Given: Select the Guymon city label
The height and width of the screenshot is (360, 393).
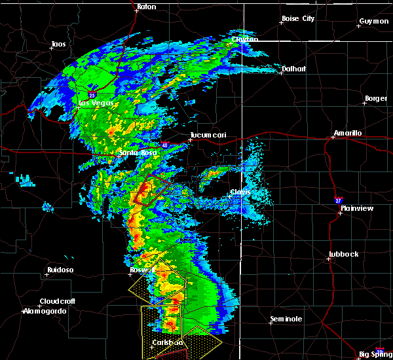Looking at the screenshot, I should [373, 21].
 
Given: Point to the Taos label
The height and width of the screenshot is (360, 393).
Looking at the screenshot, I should [58, 45].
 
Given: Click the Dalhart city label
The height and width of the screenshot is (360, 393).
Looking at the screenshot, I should [293, 68].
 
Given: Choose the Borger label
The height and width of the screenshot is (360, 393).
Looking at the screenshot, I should [375, 99].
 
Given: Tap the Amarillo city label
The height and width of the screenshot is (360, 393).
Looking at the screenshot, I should [347, 133].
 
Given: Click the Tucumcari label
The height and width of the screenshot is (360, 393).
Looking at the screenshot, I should [208, 135].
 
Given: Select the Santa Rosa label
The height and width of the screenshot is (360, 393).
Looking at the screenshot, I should [134, 154].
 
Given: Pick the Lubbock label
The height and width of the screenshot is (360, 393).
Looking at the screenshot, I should [345, 254].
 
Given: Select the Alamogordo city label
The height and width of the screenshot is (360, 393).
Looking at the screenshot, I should [45, 311].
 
